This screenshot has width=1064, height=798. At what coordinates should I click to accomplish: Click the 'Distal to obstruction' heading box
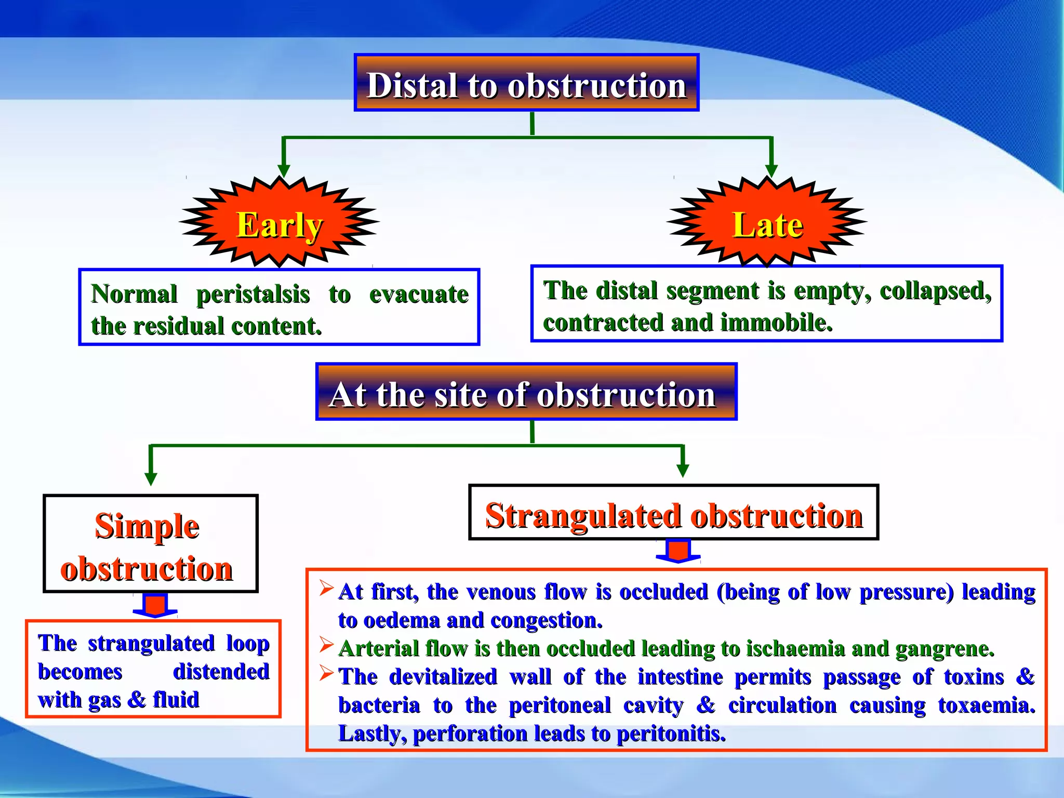pyautogui.click(x=526, y=83)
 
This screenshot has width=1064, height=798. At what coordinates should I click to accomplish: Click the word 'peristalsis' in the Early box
pyautogui.click(x=253, y=295)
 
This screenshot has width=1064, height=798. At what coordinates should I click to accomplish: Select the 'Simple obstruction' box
pyautogui.click(x=150, y=544)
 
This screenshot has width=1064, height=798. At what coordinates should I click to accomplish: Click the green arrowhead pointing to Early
pyautogui.click(x=283, y=170)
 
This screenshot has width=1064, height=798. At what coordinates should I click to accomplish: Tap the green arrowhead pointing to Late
pyautogui.click(x=772, y=170)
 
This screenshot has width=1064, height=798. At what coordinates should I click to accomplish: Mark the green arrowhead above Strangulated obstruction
pyautogui.click(x=683, y=470)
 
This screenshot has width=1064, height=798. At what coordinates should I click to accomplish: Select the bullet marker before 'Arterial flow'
pyautogui.click(x=326, y=645)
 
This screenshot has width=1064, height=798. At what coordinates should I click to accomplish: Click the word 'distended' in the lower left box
pyautogui.click(x=221, y=672)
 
